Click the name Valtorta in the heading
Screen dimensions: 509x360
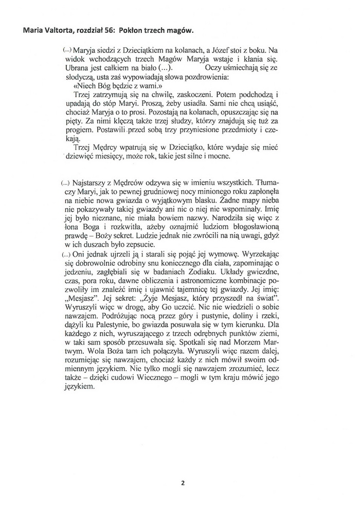click(x=63, y=31)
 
